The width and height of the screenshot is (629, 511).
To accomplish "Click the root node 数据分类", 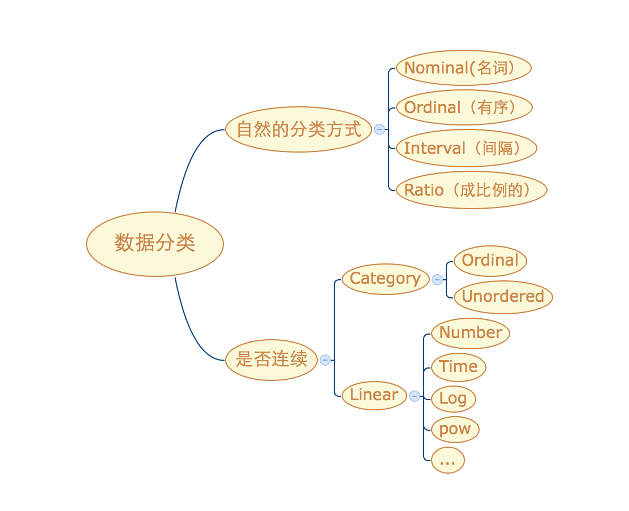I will pos(155,244).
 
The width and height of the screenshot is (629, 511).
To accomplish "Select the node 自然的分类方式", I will pos(298,129).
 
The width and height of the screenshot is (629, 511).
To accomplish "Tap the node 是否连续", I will pos(272,360).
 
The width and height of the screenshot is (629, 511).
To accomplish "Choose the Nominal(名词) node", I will pos(464,68).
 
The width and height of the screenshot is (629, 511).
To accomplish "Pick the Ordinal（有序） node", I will pos(464,107).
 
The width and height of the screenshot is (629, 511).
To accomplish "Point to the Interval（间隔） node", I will pos(466,148).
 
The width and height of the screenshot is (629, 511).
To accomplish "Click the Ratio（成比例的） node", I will pos(471,190).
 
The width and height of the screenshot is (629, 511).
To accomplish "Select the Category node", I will pos(385,279).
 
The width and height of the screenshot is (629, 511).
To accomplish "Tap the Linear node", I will pos(374,395).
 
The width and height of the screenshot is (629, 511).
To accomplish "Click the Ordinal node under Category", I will pos(490,261).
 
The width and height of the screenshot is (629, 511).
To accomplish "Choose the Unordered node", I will pos(503,297).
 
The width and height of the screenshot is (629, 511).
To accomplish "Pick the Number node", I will pos(470,333).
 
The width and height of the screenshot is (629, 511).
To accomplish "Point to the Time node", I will pos(458,367).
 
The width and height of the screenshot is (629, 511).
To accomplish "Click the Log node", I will pos(453,399).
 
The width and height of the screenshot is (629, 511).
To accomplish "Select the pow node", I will pos(455,429).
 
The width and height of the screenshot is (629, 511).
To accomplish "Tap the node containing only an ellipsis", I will pos(447,460).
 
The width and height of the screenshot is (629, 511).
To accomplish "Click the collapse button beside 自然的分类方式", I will pos(380,129).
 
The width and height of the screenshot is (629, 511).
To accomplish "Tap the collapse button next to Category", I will pos(437,279).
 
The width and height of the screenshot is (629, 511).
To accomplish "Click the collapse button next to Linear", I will pos(415,396).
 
